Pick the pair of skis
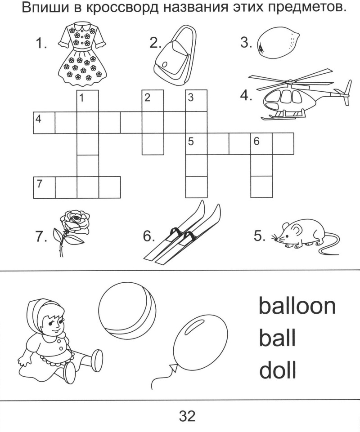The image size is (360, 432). (183, 233)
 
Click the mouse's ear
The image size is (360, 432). (296, 229)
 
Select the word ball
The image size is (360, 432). (277, 337)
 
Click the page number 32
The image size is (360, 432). (187, 416)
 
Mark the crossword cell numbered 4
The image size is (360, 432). (44, 123)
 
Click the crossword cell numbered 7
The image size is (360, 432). (44, 187)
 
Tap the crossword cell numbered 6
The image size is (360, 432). (261, 143)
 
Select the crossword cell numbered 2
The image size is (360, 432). (153, 101)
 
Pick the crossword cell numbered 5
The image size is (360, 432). (196, 143)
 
